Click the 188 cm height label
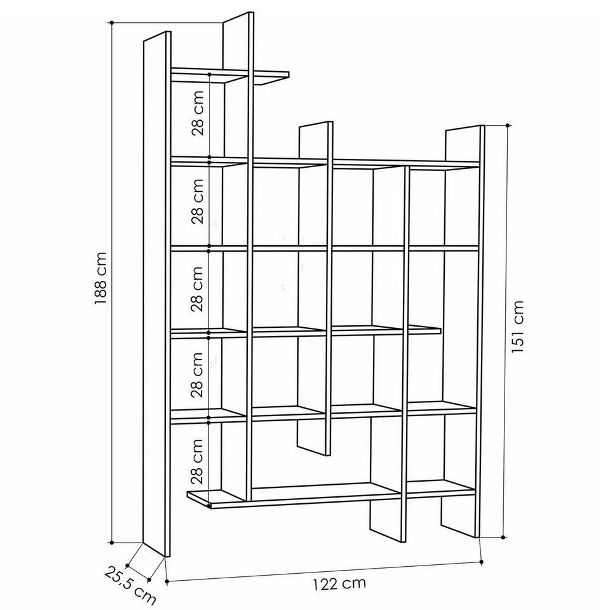pyautogui.click(x=101, y=278)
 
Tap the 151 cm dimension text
pyautogui.click(x=517, y=327)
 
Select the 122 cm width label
pyautogui.click(x=339, y=583)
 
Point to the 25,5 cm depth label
pyautogui.click(x=130, y=586)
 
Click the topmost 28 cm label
pyautogui.click(x=198, y=113)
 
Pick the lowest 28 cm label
pyautogui.click(x=198, y=461)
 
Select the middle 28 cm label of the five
pyautogui.click(x=198, y=289)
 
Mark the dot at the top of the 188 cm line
pyautogui.click(x=112, y=23)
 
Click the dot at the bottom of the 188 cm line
pyautogui.click(x=112, y=542)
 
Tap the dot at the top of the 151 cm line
pyautogui.click(x=507, y=125)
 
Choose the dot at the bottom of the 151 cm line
pyautogui.click(x=503, y=538)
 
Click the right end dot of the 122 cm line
pyautogui.click(x=481, y=562)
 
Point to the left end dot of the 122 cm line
pyautogui.click(x=167, y=582)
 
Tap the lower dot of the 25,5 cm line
pyautogui.click(x=149, y=580)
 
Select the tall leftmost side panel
pyautogui.click(x=157, y=294)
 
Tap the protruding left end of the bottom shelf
pyautogui.click(x=199, y=499)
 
